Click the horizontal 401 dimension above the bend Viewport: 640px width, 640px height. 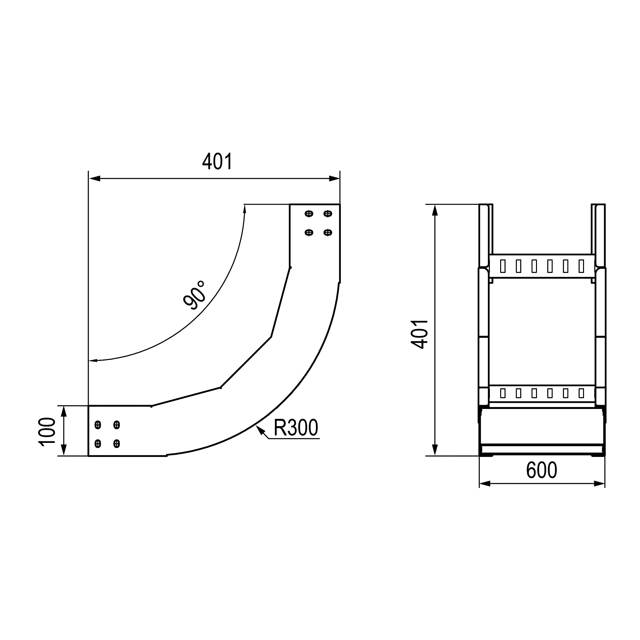pyautogui.click(x=217, y=162)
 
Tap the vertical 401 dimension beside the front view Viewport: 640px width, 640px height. pyautogui.click(x=420, y=334)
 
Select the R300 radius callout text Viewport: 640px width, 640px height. pyautogui.click(x=296, y=428)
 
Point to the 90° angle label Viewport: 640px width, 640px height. pyautogui.click(x=195, y=295)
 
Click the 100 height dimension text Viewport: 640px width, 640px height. pyautogui.click(x=47, y=432)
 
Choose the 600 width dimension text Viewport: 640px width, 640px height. pyautogui.click(x=542, y=470)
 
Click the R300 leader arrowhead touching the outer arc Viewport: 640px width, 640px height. pyautogui.click(x=260, y=429)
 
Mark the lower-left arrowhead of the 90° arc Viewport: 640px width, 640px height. pyautogui.click(x=93, y=360)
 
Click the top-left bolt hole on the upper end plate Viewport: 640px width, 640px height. pyautogui.click(x=309, y=214)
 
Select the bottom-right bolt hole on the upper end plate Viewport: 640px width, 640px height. pyautogui.click(x=328, y=233)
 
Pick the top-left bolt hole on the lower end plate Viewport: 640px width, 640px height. pyautogui.click(x=98, y=425)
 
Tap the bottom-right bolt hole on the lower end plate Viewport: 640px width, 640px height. pyautogui.click(x=116, y=444)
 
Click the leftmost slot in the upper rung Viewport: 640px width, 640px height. pyautogui.click(x=502, y=266)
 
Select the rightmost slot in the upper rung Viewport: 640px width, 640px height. pyautogui.click(x=581, y=266)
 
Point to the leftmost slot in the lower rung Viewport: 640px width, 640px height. pyautogui.click(x=502, y=393)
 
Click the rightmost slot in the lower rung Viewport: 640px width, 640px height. pyautogui.click(x=581, y=393)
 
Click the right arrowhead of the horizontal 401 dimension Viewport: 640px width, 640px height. pyautogui.click(x=335, y=179)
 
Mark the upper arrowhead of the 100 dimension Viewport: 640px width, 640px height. pyautogui.click(x=64, y=411)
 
